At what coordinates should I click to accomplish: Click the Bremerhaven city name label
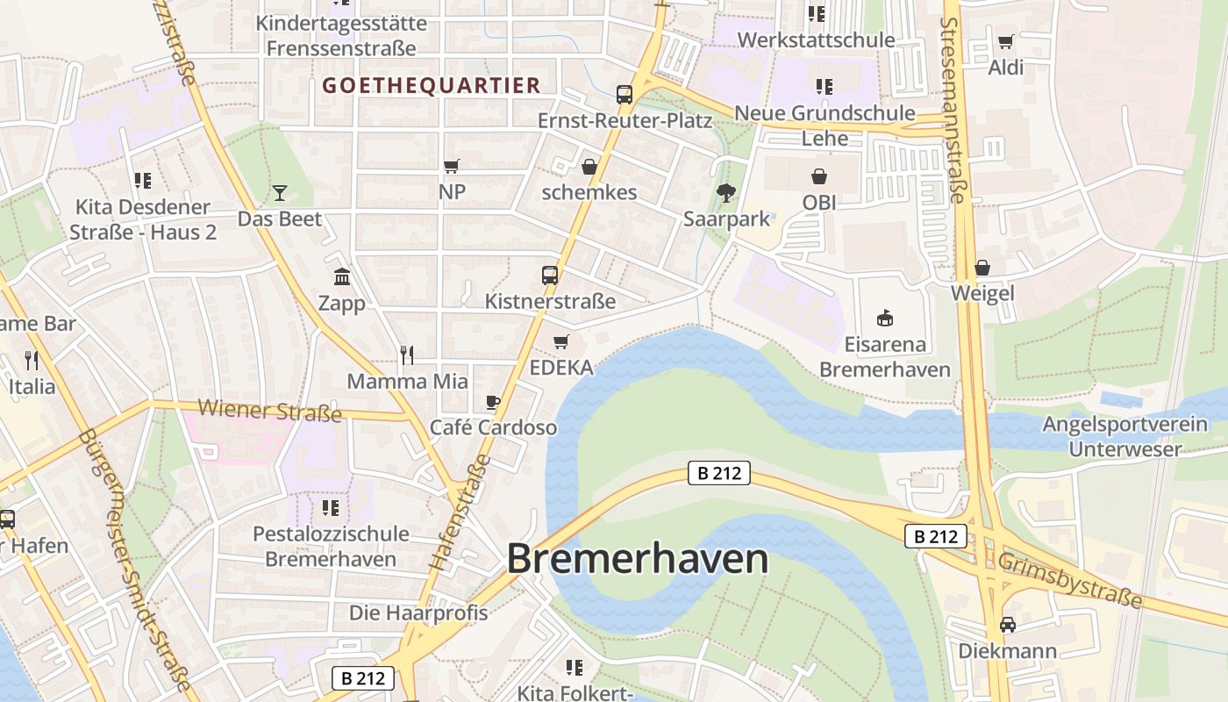pos(638,559)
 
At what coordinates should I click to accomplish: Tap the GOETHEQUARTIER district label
pos(431,85)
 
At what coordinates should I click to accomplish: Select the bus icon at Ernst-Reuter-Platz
pos(625,95)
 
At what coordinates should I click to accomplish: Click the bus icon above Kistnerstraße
pos(550,276)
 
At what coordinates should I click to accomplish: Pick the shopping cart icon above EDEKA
pos(561,341)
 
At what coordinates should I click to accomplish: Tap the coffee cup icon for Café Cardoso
pos(493,402)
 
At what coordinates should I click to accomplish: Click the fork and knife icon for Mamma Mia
pos(407,355)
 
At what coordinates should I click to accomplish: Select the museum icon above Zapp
pos(342,277)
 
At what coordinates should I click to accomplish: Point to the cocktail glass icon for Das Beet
pos(280,192)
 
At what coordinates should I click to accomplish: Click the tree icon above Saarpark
pos(726,192)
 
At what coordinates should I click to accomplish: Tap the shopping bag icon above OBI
pos(819,176)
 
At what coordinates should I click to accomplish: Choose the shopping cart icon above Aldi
pos(1006,41)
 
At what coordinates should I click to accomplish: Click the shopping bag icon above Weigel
pos(982,267)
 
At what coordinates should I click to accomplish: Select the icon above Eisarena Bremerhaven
pos(885,318)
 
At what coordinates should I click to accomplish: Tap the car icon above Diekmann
pos(1008,625)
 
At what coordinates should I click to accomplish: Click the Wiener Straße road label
pos(269,410)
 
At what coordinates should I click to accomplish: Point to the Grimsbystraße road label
pos(1070,580)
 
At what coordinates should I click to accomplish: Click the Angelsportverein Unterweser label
pos(1124,437)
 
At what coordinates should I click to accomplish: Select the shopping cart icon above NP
pos(452,166)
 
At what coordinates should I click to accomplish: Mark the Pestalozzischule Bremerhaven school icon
pos(331,507)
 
